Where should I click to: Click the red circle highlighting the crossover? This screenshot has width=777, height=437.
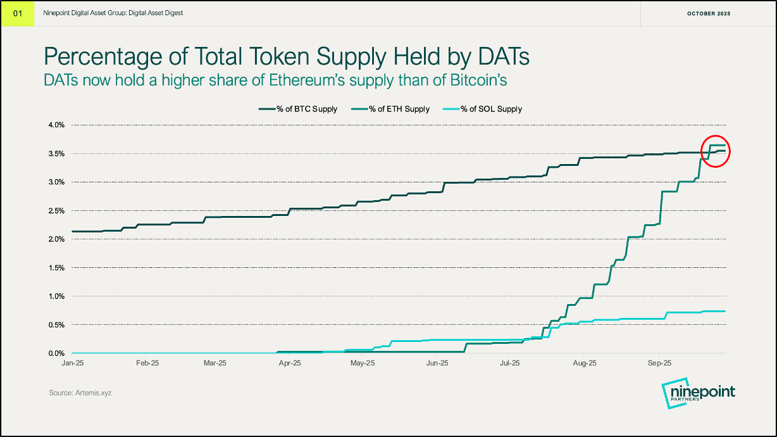coord(716,151)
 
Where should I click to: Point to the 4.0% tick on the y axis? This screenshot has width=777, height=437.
coord(56,125)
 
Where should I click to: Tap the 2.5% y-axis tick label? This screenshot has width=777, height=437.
coord(56,211)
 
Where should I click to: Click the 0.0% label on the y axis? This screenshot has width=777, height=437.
coord(56,353)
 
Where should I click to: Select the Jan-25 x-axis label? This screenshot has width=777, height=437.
coord(72,364)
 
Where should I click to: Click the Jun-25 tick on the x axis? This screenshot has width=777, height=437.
coord(437,364)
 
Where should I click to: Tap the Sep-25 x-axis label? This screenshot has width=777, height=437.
coord(659,364)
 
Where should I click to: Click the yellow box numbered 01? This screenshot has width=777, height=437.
coord(18,13)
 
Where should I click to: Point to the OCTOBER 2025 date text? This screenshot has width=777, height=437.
coord(708,13)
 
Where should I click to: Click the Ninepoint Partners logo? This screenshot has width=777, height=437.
coord(698,395)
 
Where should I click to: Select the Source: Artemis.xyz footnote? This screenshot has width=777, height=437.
coord(80,393)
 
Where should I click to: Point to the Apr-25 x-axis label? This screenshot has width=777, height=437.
coord(289,364)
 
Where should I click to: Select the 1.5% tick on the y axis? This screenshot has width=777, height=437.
coord(56,268)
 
